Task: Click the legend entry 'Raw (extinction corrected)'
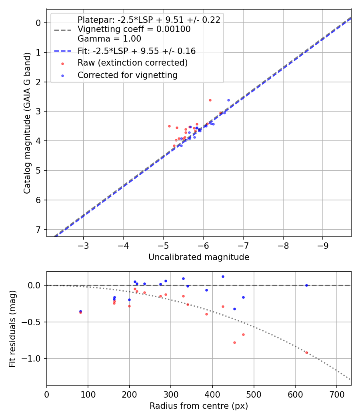coord(132,63)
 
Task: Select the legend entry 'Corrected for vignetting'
coord(128,75)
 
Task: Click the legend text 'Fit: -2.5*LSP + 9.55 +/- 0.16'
coord(136,51)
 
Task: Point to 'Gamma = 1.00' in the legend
coord(109,39)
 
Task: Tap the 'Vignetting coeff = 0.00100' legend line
coord(134,29)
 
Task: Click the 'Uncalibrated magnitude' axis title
coord(199,257)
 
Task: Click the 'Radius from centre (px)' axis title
coord(199,406)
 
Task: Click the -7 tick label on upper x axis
coord(243,245)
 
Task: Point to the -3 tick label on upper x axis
coord(84,245)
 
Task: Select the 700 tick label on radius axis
coord(336,394)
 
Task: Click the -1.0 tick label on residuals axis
coord(34,358)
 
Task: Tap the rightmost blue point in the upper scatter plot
coord(228,100)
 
